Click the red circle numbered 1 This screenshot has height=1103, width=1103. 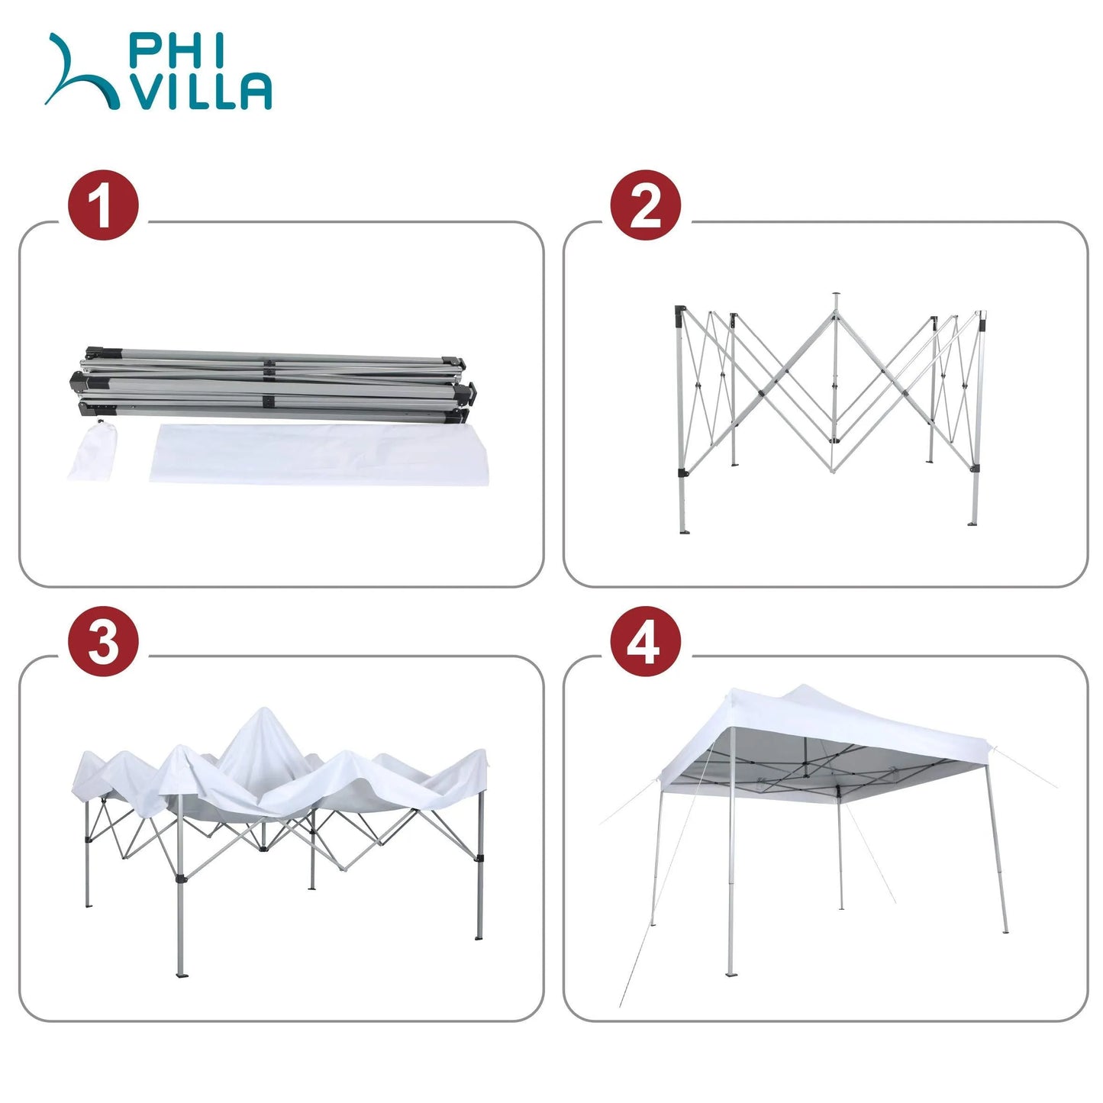[103, 205]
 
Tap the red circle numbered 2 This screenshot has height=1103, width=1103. [645, 205]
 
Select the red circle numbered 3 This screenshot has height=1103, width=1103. [103, 641]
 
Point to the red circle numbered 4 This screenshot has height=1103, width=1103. [645, 641]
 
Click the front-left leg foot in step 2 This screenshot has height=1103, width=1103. [684, 528]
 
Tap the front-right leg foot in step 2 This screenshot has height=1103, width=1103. [973, 523]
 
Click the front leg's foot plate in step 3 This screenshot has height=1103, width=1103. [182, 973]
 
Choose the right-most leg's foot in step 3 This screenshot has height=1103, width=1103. [479, 936]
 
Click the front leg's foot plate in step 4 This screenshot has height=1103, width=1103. [731, 972]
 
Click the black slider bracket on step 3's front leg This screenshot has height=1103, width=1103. [180, 879]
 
